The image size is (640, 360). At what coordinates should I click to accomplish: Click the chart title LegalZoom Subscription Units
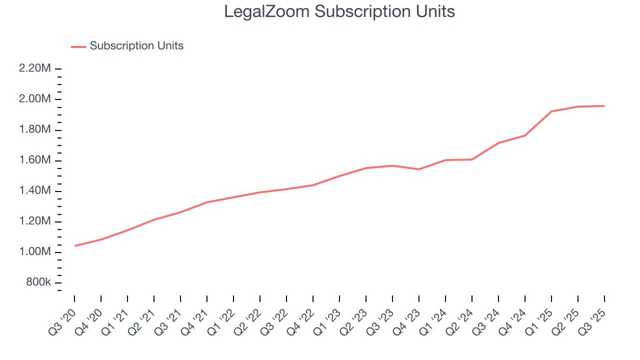pyautogui.click(x=339, y=11)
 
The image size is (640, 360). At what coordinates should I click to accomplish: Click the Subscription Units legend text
pyautogui.click(x=136, y=46)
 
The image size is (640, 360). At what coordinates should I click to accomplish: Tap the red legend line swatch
pyautogui.click(x=78, y=46)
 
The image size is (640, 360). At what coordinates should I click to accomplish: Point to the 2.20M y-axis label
pyautogui.click(x=35, y=68)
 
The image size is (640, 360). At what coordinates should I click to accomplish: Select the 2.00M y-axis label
pyautogui.click(x=35, y=99)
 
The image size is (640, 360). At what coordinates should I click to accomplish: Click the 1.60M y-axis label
pyautogui.click(x=35, y=160)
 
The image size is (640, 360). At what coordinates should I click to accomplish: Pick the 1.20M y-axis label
pyautogui.click(x=35, y=221)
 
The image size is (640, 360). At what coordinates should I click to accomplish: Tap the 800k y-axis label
pyautogui.click(x=38, y=282)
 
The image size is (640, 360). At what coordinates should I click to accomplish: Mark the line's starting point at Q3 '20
pyautogui.click(x=74, y=245)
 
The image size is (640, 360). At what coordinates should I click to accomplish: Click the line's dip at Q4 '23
pyautogui.click(x=419, y=169)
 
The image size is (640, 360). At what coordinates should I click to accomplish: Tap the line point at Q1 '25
pyautogui.click(x=551, y=111)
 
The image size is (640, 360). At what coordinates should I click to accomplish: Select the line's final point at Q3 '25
pyautogui.click(x=604, y=105)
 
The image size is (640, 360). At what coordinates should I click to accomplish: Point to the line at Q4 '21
pyautogui.click(x=207, y=202)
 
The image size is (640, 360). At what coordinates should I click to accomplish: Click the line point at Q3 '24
pyautogui.click(x=498, y=142)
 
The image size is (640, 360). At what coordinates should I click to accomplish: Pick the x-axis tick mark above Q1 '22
pyautogui.click(x=233, y=298)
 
